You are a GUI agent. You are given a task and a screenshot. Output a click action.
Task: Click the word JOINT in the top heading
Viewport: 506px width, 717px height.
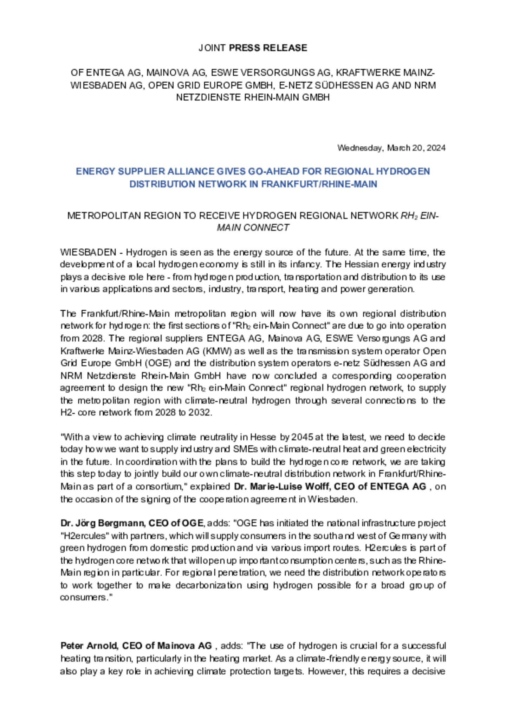coord(212,48)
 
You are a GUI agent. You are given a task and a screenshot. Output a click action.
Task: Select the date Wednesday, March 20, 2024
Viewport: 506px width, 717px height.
coord(391,148)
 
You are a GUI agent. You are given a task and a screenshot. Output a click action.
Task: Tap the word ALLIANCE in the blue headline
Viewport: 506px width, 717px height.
coord(182,171)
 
